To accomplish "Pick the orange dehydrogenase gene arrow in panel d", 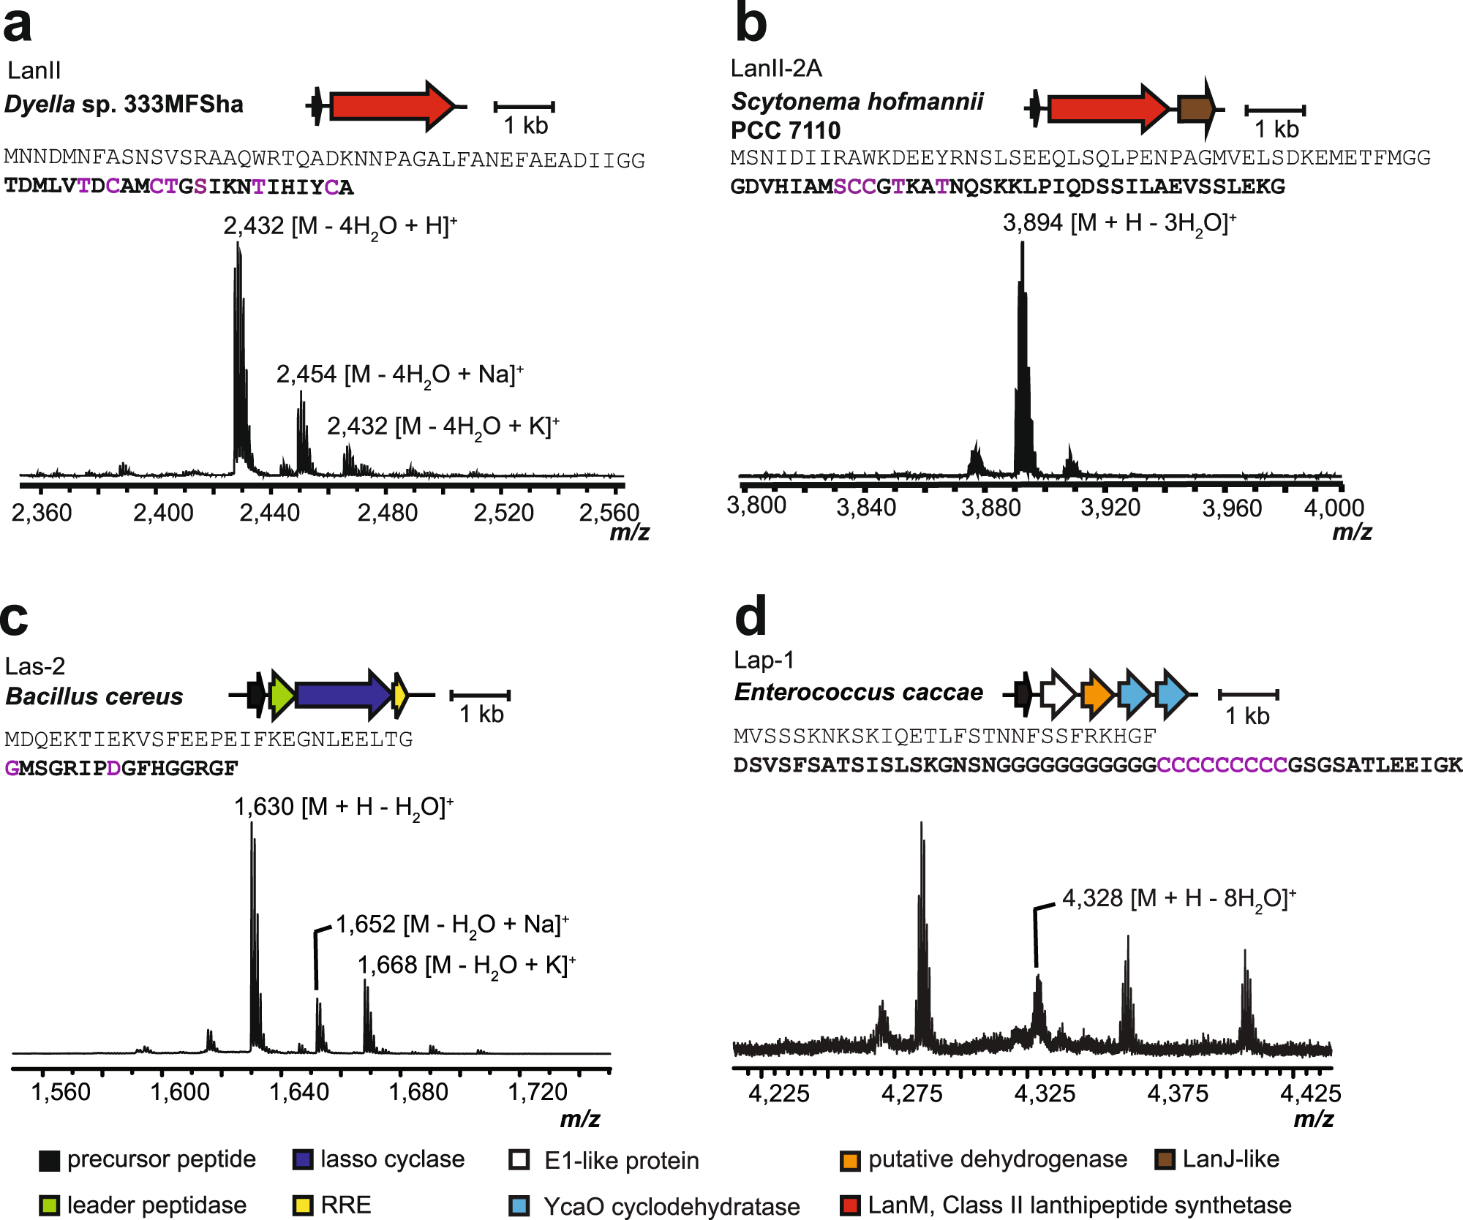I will point(1096,693).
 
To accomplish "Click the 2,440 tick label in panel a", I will point(270,513).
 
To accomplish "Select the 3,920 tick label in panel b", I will point(1110,508).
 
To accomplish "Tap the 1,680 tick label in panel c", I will point(418,1092).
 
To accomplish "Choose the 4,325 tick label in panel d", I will point(1045,1093).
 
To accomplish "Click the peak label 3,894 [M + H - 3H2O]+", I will point(1119,223).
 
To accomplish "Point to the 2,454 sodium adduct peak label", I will point(399,374).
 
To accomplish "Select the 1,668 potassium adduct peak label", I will point(467,965).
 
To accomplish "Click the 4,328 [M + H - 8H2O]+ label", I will point(1178,898).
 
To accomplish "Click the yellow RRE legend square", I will point(302,1205).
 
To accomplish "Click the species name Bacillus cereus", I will point(94,696).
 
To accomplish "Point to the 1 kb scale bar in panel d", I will point(1248,694).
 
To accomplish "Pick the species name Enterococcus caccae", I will point(859,692).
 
